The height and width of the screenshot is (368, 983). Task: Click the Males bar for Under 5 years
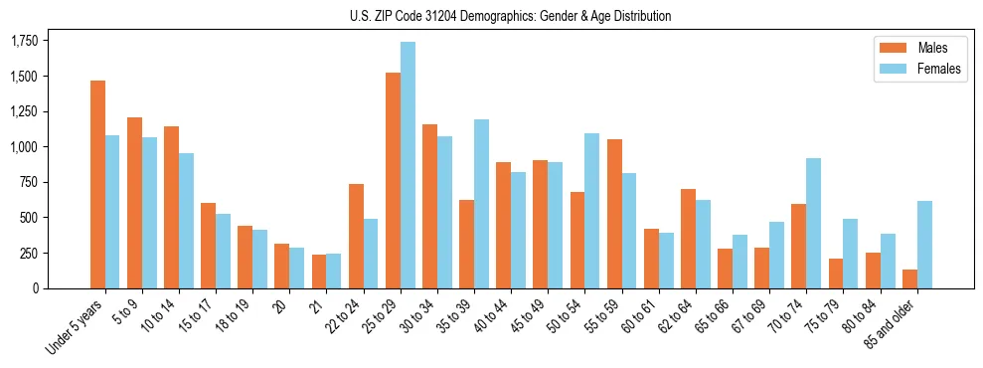pyautogui.click(x=97, y=184)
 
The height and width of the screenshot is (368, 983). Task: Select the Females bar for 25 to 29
pyautogui.click(x=408, y=165)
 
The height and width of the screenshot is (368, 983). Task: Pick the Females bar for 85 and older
pyautogui.click(x=924, y=245)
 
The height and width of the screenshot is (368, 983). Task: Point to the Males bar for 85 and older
pyautogui.click(x=909, y=278)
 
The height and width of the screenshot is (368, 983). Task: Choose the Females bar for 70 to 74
pyautogui.click(x=814, y=223)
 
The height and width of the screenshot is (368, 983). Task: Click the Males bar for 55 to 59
pyautogui.click(x=614, y=214)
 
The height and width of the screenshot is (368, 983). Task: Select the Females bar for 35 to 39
pyautogui.click(x=481, y=204)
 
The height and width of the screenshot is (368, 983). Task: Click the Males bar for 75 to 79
pyautogui.click(x=836, y=274)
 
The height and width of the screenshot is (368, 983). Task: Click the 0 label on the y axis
pyautogui.click(x=37, y=288)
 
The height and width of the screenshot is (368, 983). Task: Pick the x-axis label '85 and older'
pyautogui.click(x=890, y=323)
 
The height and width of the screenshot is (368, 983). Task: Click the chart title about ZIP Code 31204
pyautogui.click(x=510, y=16)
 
